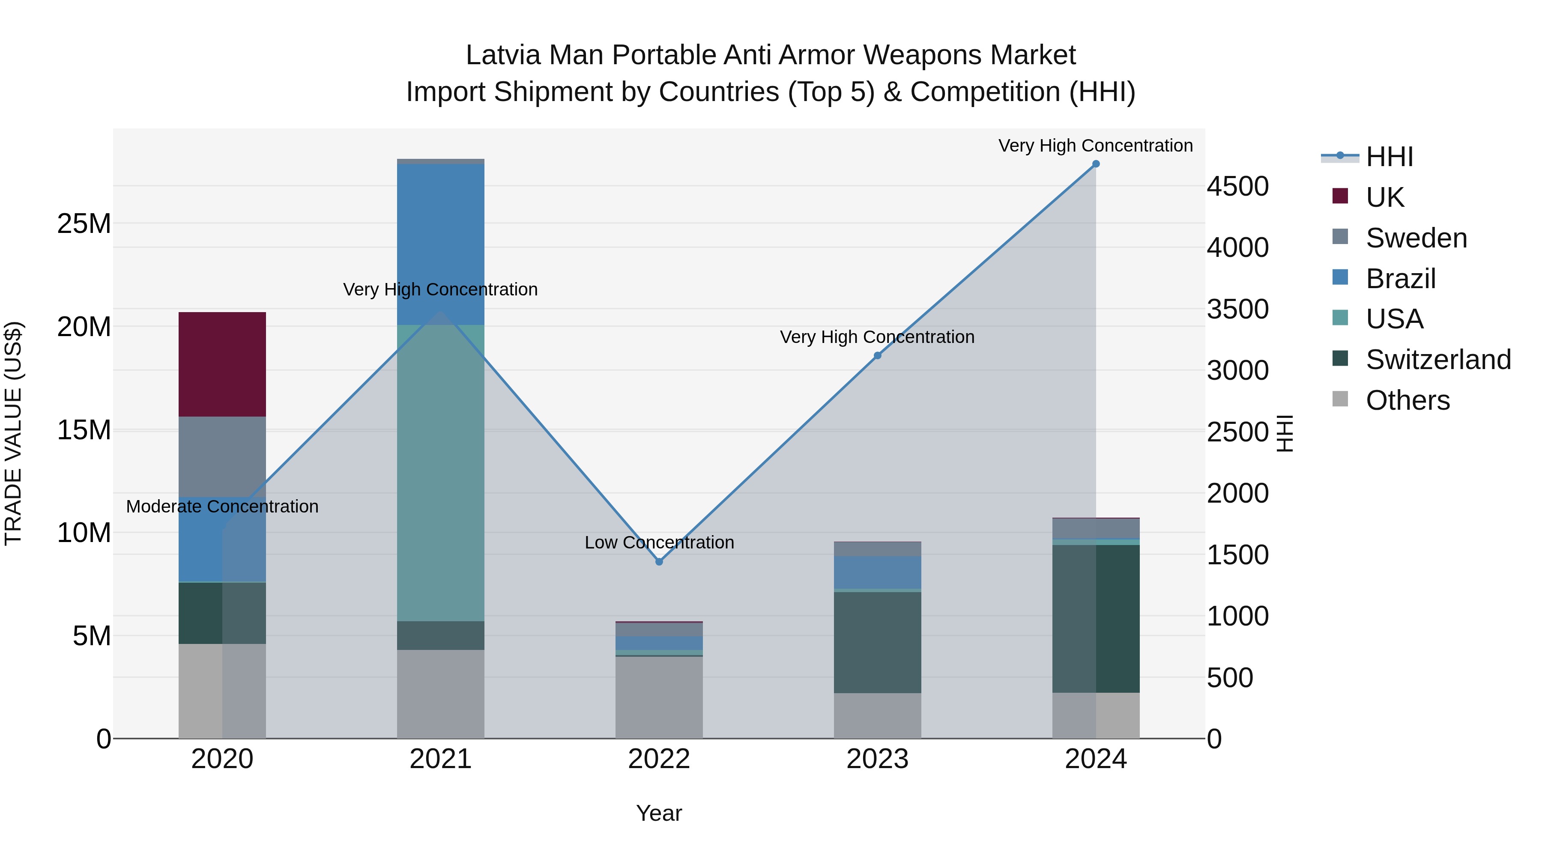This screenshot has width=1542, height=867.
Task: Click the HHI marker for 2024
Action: click(1095, 164)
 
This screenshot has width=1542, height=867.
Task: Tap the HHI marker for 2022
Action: click(659, 562)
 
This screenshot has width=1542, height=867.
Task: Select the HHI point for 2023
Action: click(878, 355)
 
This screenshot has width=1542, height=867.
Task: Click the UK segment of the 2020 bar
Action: click(222, 364)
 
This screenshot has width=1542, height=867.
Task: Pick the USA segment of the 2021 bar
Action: click(441, 473)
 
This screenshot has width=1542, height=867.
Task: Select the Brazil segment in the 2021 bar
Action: click(441, 244)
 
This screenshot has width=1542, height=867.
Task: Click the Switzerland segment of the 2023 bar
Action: click(878, 642)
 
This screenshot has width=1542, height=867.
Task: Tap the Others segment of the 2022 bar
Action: click(659, 697)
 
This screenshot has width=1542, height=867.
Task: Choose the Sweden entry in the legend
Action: click(1416, 238)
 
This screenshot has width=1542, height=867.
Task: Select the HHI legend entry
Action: click(1389, 157)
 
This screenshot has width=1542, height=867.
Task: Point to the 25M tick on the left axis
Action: click(84, 224)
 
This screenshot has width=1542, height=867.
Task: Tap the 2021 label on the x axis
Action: click(441, 759)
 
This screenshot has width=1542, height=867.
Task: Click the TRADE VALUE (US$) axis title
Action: click(13, 433)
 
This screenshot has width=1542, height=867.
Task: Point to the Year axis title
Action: click(659, 813)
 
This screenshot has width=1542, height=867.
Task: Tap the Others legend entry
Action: click(1408, 400)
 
